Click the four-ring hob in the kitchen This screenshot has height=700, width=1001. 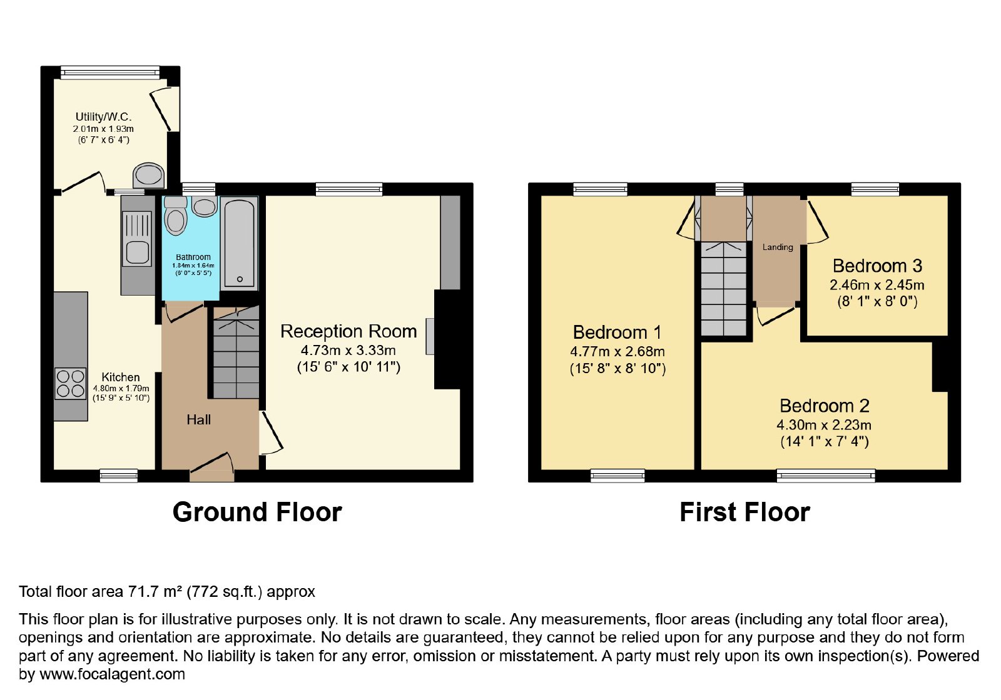pyautogui.click(x=71, y=383)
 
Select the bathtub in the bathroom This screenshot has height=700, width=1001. pyautogui.click(x=240, y=243)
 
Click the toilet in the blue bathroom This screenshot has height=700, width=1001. pyautogui.click(x=176, y=216)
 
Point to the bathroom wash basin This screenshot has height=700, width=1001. pyautogui.click(x=205, y=206)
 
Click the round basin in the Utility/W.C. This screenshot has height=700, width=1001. pyautogui.click(x=149, y=176)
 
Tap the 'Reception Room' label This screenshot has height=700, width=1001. pyautogui.click(x=348, y=331)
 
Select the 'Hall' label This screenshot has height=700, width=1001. pyautogui.click(x=198, y=419)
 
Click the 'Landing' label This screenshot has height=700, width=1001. pyautogui.click(x=778, y=247)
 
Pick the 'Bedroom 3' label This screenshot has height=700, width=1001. pyautogui.click(x=877, y=266)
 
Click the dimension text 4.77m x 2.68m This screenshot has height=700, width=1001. pyautogui.click(x=617, y=352)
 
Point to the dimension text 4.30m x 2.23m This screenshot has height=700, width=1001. pyautogui.click(x=823, y=424)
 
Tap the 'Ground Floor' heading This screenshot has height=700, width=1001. pyautogui.click(x=257, y=512)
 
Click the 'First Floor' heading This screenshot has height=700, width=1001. pyautogui.click(x=744, y=512)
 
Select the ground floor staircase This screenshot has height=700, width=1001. pyautogui.click(x=235, y=352)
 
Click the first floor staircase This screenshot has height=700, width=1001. pyautogui.click(x=723, y=288)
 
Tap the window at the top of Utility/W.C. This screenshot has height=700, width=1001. pyautogui.click(x=110, y=72)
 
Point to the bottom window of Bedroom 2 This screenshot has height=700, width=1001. pyautogui.click(x=826, y=476)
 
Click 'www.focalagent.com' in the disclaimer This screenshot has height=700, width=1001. pyautogui.click(x=112, y=674)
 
